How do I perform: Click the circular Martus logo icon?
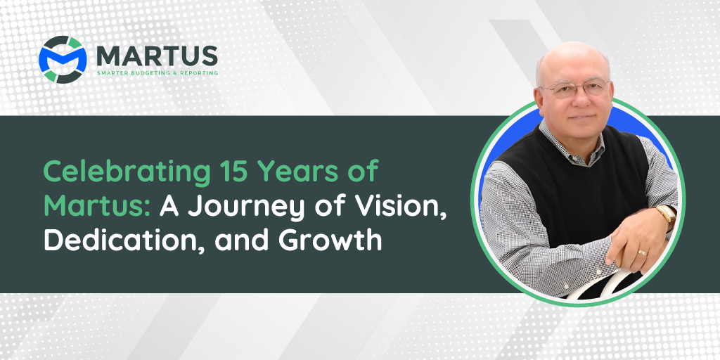click(63, 60)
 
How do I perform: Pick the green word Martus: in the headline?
click(98, 206)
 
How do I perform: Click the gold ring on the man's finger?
click(643, 252)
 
